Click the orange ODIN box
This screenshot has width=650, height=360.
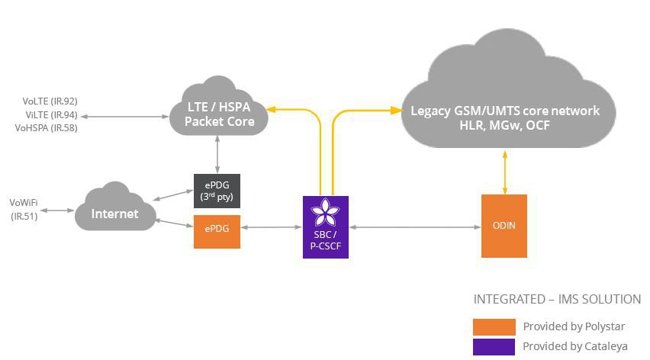pyautogui.click(x=504, y=226)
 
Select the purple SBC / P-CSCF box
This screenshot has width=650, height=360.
pyautogui.click(x=326, y=227)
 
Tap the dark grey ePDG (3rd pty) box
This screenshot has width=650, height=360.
pyautogui.click(x=217, y=191)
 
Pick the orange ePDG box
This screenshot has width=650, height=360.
pyautogui.click(x=217, y=232)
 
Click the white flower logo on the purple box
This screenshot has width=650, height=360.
pyautogui.click(x=326, y=213)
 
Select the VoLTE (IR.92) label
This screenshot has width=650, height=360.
pyautogui.click(x=50, y=101)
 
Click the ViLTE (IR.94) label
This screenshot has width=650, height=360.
pyautogui.click(x=51, y=114)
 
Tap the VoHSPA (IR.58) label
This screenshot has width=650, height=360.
pyautogui.click(x=46, y=128)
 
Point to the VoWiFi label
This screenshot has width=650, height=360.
pyautogui.click(x=24, y=203)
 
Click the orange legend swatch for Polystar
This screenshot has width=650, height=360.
pyautogui.click(x=494, y=327)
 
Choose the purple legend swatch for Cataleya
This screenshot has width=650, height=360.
pyautogui.click(x=494, y=347)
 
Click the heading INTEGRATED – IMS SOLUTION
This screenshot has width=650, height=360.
pyautogui.click(x=557, y=299)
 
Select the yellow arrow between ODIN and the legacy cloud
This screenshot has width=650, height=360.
pyautogui.click(x=504, y=172)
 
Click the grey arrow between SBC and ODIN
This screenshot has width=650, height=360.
pyautogui.click(x=415, y=227)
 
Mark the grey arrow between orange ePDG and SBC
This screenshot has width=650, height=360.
pyautogui.click(x=272, y=227)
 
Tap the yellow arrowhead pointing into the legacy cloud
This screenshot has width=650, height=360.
pyautogui.click(x=396, y=110)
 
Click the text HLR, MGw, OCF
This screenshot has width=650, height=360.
pyautogui.click(x=504, y=125)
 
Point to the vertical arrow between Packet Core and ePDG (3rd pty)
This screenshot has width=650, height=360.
pyautogui.click(x=217, y=154)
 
